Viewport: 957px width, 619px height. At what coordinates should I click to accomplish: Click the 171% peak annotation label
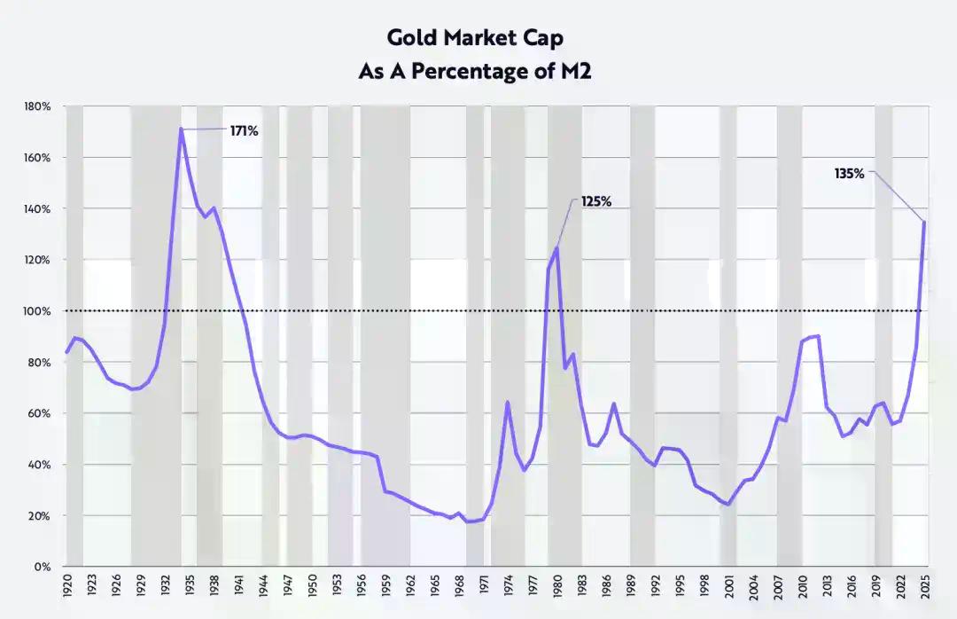pyautogui.click(x=244, y=131)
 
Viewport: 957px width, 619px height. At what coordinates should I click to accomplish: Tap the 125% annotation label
pyautogui.click(x=596, y=201)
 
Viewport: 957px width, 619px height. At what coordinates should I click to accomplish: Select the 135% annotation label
pyautogui.click(x=849, y=174)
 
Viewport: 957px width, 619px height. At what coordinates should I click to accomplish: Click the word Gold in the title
pyautogui.click(x=410, y=38)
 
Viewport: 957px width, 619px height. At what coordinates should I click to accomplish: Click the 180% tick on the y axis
pyautogui.click(x=38, y=106)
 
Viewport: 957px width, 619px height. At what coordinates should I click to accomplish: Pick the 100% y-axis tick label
pyautogui.click(x=38, y=311)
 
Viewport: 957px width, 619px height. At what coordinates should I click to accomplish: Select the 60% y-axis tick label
pyautogui.click(x=41, y=413)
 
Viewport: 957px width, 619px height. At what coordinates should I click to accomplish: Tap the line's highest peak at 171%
pyautogui.click(x=181, y=129)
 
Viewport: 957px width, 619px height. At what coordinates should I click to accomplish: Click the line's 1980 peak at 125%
pyautogui.click(x=556, y=247)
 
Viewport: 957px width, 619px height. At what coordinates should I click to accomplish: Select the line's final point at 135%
pyautogui.click(x=924, y=222)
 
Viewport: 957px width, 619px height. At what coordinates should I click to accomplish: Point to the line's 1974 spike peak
pyautogui.click(x=507, y=403)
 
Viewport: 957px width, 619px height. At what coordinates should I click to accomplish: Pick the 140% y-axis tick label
pyautogui.click(x=38, y=209)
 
